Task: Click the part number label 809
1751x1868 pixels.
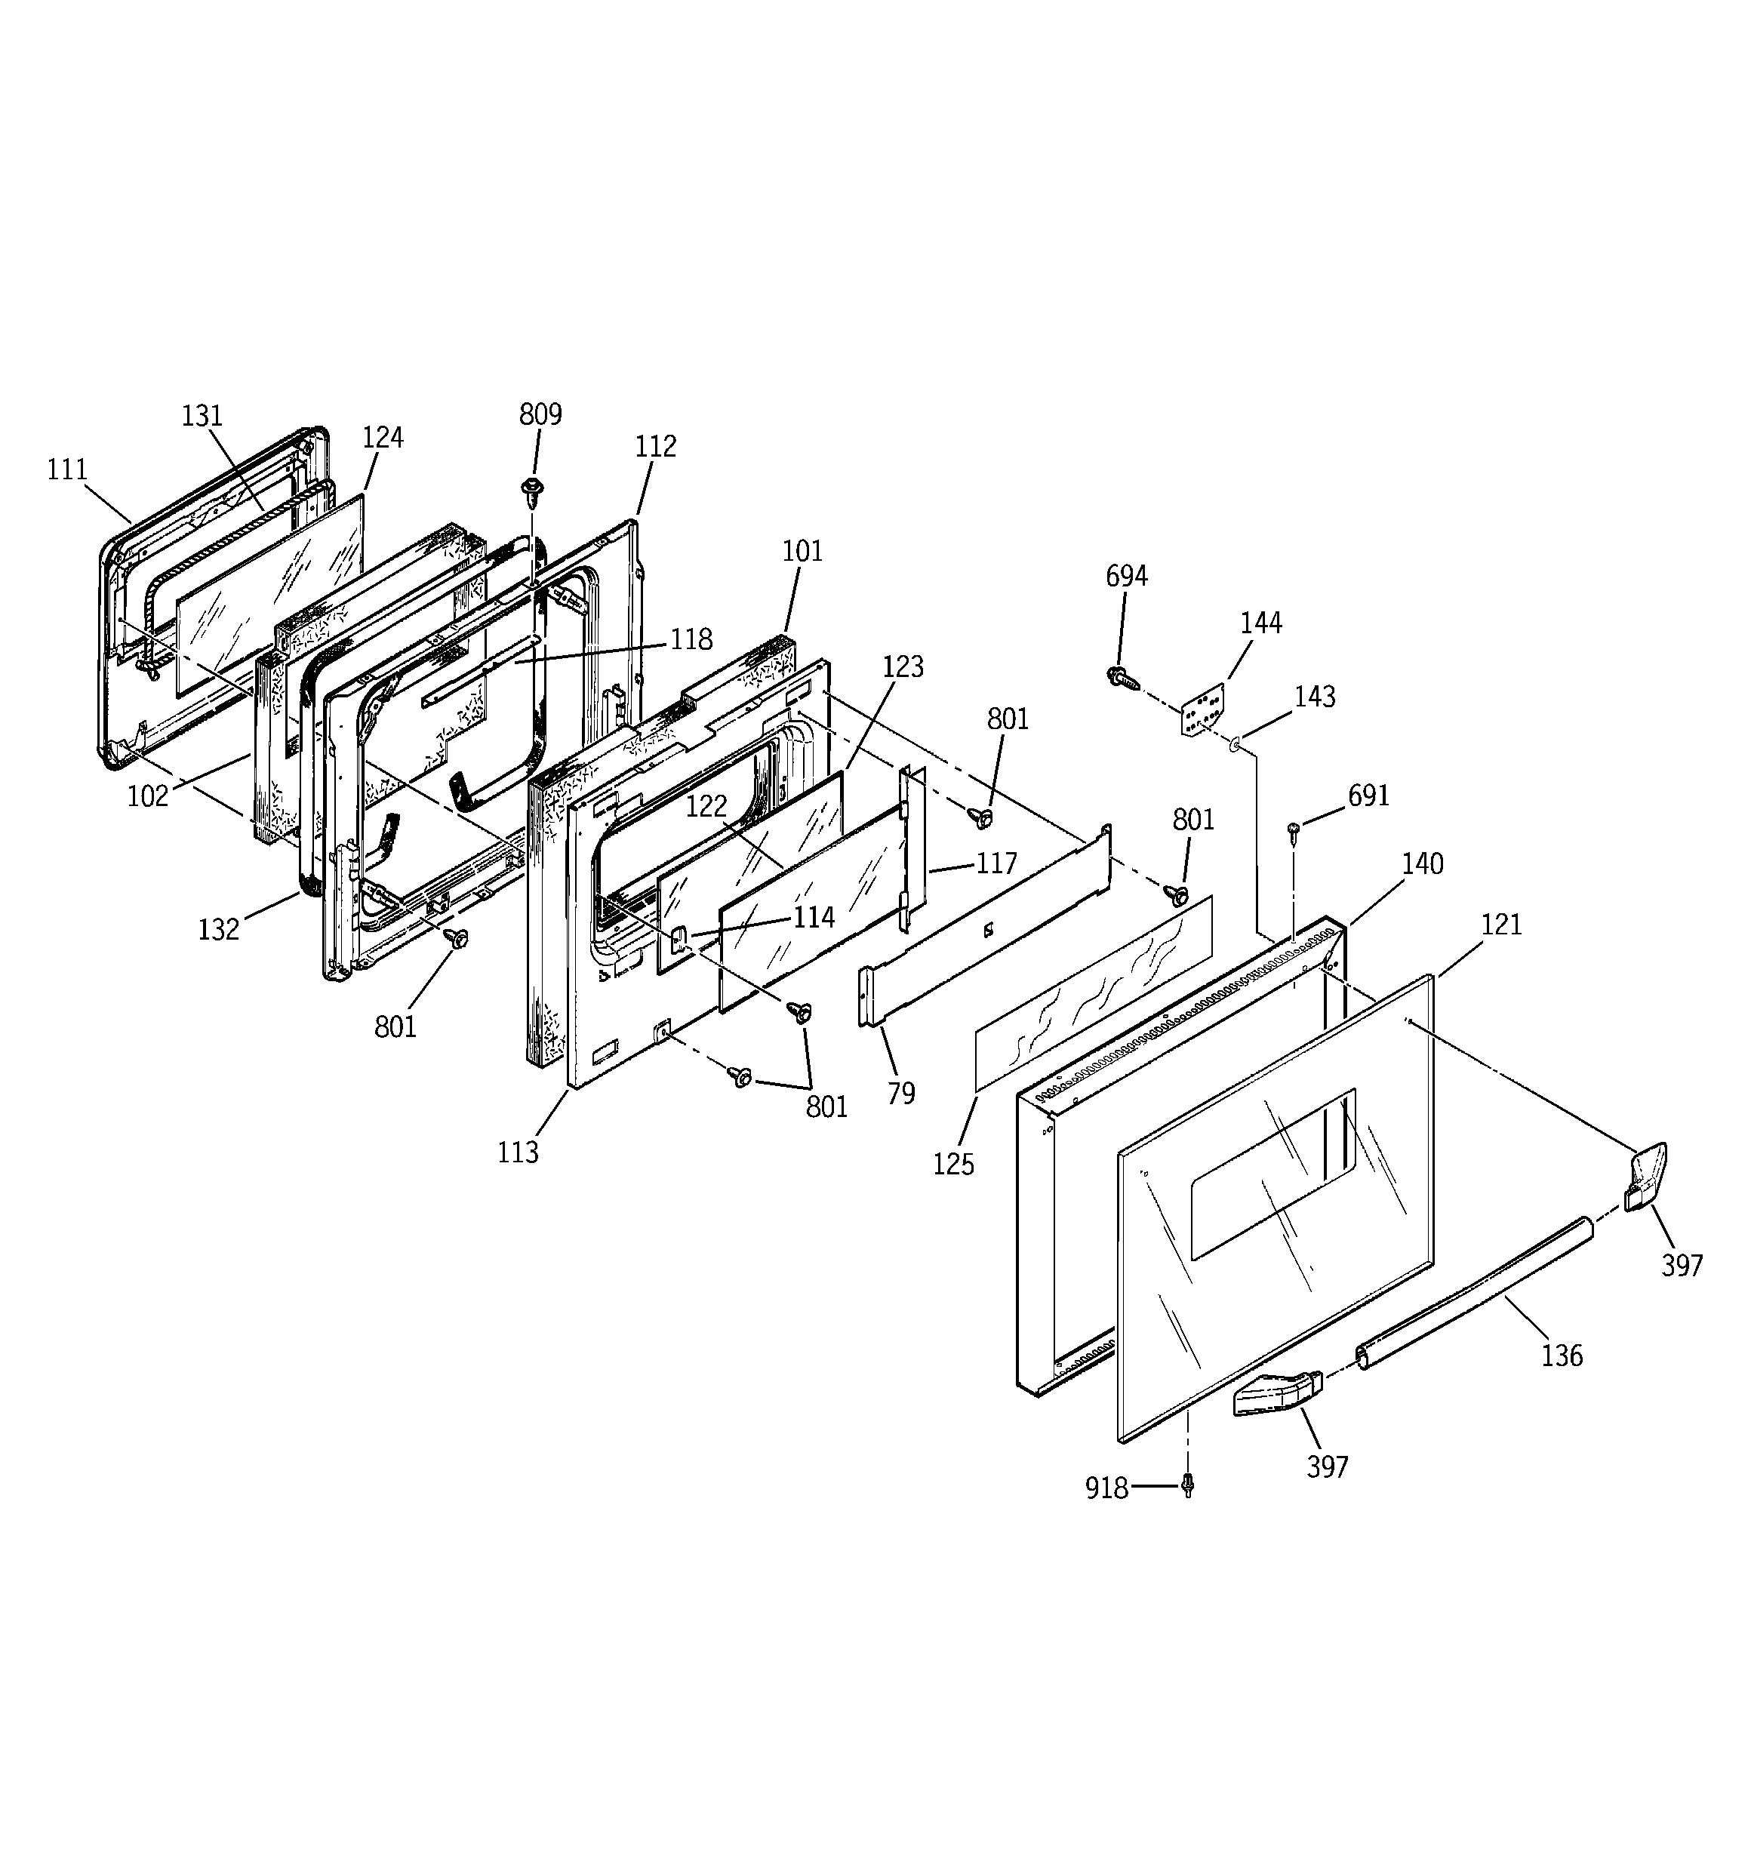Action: point(540,414)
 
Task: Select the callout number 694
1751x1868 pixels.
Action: point(1126,576)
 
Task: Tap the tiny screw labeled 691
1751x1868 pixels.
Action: point(1294,829)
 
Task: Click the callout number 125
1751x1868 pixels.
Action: point(954,1165)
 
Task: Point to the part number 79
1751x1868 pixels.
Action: point(900,1093)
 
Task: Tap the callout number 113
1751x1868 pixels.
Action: point(518,1152)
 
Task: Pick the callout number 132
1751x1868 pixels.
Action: point(219,929)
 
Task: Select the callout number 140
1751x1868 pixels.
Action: point(1422,863)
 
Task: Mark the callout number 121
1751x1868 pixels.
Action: point(1501,925)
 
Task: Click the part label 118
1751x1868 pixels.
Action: point(691,640)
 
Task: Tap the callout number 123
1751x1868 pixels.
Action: point(903,667)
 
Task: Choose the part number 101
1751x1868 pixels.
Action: point(802,552)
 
